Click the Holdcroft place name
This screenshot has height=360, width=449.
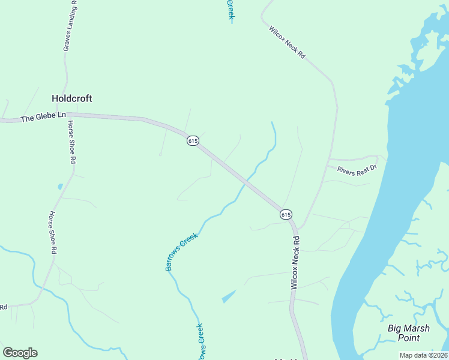coord(72,98)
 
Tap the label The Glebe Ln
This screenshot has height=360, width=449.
coord(43,118)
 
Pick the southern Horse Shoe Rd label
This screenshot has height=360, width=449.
coord(53,232)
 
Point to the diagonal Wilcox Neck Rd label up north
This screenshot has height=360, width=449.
coord(287,41)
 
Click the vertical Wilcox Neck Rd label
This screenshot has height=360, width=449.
coord(295,263)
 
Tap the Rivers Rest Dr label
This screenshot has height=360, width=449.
coord(356,170)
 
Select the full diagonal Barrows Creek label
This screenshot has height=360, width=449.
coord(181,253)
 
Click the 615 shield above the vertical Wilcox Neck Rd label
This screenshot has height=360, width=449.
coord(286,214)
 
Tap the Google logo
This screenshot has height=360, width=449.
coord(20,353)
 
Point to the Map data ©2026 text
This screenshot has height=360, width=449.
coord(423,355)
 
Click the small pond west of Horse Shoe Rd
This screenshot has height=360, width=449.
coord(60,187)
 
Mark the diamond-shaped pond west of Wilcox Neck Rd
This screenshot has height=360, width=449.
coord(229,296)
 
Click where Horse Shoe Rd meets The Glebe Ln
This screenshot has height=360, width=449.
coord(68,115)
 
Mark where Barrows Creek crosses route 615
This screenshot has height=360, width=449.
coord(247,181)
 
